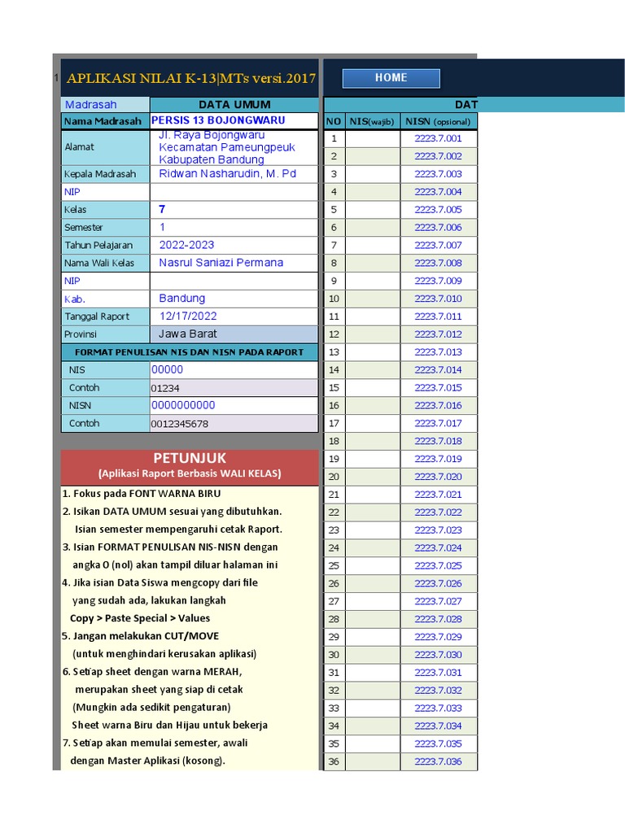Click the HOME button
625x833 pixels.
pos(391,78)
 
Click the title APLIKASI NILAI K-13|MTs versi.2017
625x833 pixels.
pos(190,79)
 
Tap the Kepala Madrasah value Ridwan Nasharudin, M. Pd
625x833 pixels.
pos(227,174)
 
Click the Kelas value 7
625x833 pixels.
pos(163,210)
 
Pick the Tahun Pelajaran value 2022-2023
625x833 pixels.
pos(187,245)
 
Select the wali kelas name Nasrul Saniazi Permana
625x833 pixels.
pos(221,263)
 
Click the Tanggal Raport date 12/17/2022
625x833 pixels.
pos(188,316)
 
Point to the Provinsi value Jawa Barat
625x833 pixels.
pos(187,334)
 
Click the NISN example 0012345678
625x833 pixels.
pos(180,424)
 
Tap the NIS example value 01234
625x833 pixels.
pos(166,388)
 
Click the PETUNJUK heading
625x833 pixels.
pos(190,459)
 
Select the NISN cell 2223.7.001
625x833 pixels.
pos(438,138)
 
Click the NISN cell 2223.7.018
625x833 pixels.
pos(438,441)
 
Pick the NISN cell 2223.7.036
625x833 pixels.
pos(438,761)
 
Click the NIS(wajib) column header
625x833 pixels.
pos(372,121)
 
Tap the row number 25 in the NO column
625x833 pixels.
pos(334,565)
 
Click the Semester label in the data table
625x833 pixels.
pos(84,228)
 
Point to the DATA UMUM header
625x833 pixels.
pos(234,104)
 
